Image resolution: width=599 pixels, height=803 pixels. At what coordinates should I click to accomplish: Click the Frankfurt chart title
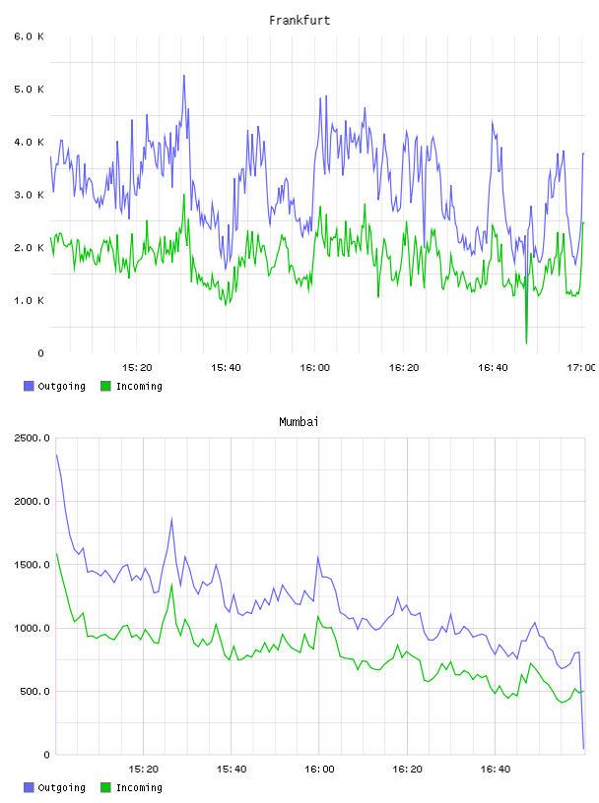(x=299, y=21)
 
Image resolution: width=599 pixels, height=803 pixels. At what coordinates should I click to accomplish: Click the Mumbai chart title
(x=299, y=422)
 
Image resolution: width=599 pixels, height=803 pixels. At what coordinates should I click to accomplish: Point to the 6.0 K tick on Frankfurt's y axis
(x=30, y=36)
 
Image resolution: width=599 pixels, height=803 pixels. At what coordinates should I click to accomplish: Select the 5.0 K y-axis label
(x=30, y=90)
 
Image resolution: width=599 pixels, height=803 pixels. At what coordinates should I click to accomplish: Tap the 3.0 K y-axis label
(x=30, y=195)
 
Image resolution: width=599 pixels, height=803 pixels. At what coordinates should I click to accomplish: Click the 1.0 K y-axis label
(x=30, y=300)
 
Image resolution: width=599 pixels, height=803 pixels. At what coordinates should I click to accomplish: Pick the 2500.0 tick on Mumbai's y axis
(x=33, y=438)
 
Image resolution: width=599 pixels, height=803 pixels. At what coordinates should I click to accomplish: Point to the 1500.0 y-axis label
(x=33, y=564)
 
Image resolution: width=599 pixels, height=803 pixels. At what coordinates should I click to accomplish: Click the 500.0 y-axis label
(x=35, y=692)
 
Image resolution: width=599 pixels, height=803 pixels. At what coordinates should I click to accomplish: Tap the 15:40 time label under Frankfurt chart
(x=227, y=367)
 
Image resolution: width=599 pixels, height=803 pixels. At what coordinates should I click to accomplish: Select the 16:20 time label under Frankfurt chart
(x=404, y=367)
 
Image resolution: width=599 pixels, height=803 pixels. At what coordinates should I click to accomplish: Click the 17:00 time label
(x=581, y=367)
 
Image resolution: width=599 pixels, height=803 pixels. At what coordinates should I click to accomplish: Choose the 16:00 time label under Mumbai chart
(x=319, y=769)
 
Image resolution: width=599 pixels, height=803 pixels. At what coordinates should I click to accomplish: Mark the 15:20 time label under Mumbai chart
(x=144, y=769)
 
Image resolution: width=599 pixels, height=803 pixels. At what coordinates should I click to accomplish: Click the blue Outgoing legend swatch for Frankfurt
(x=29, y=386)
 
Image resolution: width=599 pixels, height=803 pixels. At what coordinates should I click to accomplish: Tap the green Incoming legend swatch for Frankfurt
(x=105, y=386)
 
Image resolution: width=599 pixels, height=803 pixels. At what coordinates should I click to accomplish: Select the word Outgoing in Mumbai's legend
(x=61, y=787)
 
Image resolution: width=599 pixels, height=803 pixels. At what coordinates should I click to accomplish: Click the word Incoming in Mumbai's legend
(x=139, y=787)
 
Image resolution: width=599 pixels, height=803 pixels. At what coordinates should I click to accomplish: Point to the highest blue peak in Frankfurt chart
(x=183, y=76)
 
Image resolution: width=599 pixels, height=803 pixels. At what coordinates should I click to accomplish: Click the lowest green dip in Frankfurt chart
(x=526, y=342)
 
